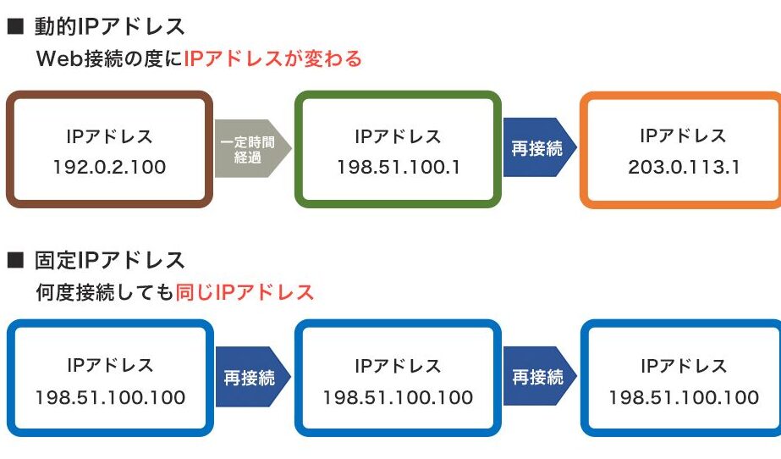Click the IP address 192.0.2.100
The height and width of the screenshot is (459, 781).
109,167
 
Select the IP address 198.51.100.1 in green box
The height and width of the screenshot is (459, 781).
398,167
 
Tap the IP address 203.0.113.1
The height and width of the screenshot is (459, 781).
684,167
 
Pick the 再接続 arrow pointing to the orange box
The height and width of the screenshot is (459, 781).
538,147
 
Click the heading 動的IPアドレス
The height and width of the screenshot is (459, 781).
109,27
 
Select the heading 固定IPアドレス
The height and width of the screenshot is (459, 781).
109,259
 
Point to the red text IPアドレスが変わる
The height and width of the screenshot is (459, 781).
272,59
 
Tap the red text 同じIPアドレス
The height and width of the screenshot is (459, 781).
245,292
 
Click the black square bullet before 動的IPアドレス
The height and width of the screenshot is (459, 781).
14,27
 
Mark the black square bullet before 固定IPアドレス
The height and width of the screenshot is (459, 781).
14,260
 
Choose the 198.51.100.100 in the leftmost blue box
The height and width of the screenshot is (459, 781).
110,397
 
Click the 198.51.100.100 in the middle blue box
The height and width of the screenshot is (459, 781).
398,397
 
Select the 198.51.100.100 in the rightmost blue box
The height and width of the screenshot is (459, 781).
684,397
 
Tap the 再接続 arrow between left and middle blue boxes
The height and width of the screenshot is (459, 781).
251,377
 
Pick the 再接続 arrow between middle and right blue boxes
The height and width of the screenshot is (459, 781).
538,377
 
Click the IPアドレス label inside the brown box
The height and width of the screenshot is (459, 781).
109,135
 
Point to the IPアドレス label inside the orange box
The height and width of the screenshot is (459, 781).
684,135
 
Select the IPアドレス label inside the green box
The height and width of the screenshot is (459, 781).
398,135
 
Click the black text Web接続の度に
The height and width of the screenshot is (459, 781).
110,59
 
